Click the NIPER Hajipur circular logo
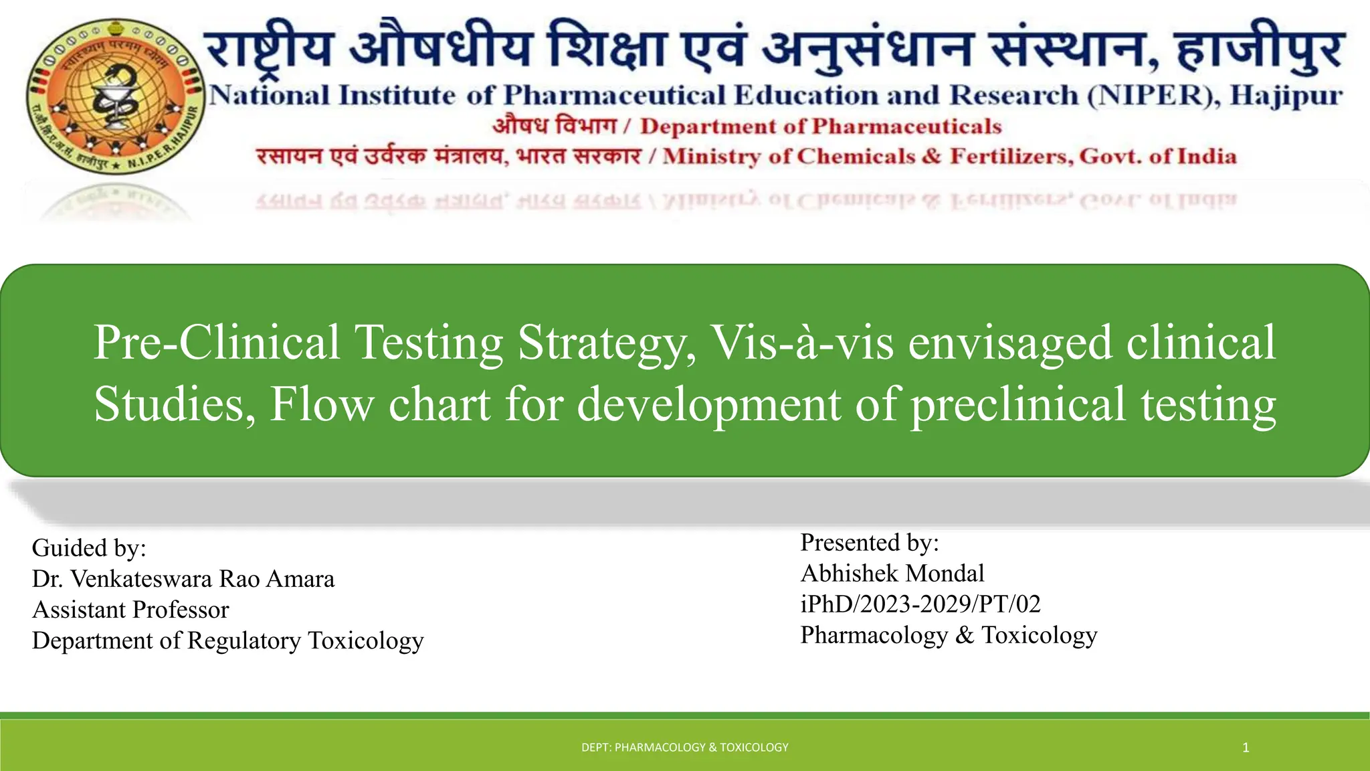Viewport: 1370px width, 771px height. pyautogui.click(x=115, y=96)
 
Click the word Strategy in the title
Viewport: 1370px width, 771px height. pyautogui.click(x=606, y=343)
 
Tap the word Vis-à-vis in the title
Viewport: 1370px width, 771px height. pyautogui.click(x=801, y=343)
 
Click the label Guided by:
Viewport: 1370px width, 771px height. pyautogui.click(x=89, y=548)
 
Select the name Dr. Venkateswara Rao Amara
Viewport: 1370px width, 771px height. pyautogui.click(x=183, y=579)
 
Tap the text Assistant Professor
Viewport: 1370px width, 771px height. pyautogui.click(x=130, y=610)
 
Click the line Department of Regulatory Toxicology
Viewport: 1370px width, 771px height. pyautogui.click(x=227, y=640)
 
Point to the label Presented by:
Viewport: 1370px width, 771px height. pyautogui.click(x=870, y=543)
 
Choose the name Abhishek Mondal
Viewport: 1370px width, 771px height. pyautogui.click(x=892, y=574)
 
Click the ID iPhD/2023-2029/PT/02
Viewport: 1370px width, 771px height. pyautogui.click(x=920, y=604)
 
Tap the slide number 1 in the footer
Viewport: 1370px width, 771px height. pyautogui.click(x=1246, y=748)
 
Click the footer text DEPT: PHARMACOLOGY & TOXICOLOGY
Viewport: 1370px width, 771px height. pyautogui.click(x=685, y=748)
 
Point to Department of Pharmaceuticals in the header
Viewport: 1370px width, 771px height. pyautogui.click(x=821, y=126)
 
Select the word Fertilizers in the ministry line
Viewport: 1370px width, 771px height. pyautogui.click(x=1011, y=157)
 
